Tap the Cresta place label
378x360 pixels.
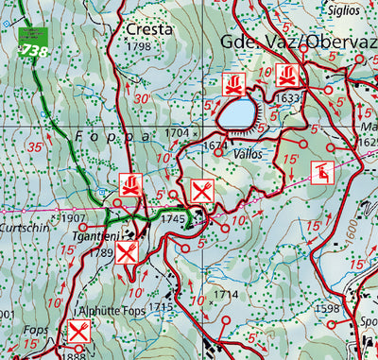pyautogui.click(x=149, y=29)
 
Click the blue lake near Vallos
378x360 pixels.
pyautogui.click(x=238, y=115)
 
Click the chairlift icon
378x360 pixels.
pyautogui.click(x=322, y=172)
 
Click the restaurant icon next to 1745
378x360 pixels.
pyautogui.click(x=202, y=192)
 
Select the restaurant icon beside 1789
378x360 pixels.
pyautogui.click(x=129, y=251)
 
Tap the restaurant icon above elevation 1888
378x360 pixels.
pyautogui.click(x=78, y=333)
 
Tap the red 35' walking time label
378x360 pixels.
pyautogui.click(x=36, y=148)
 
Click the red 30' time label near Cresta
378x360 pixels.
pyautogui.click(x=142, y=99)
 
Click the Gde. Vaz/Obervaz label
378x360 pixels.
pyautogui.click(x=297, y=44)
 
